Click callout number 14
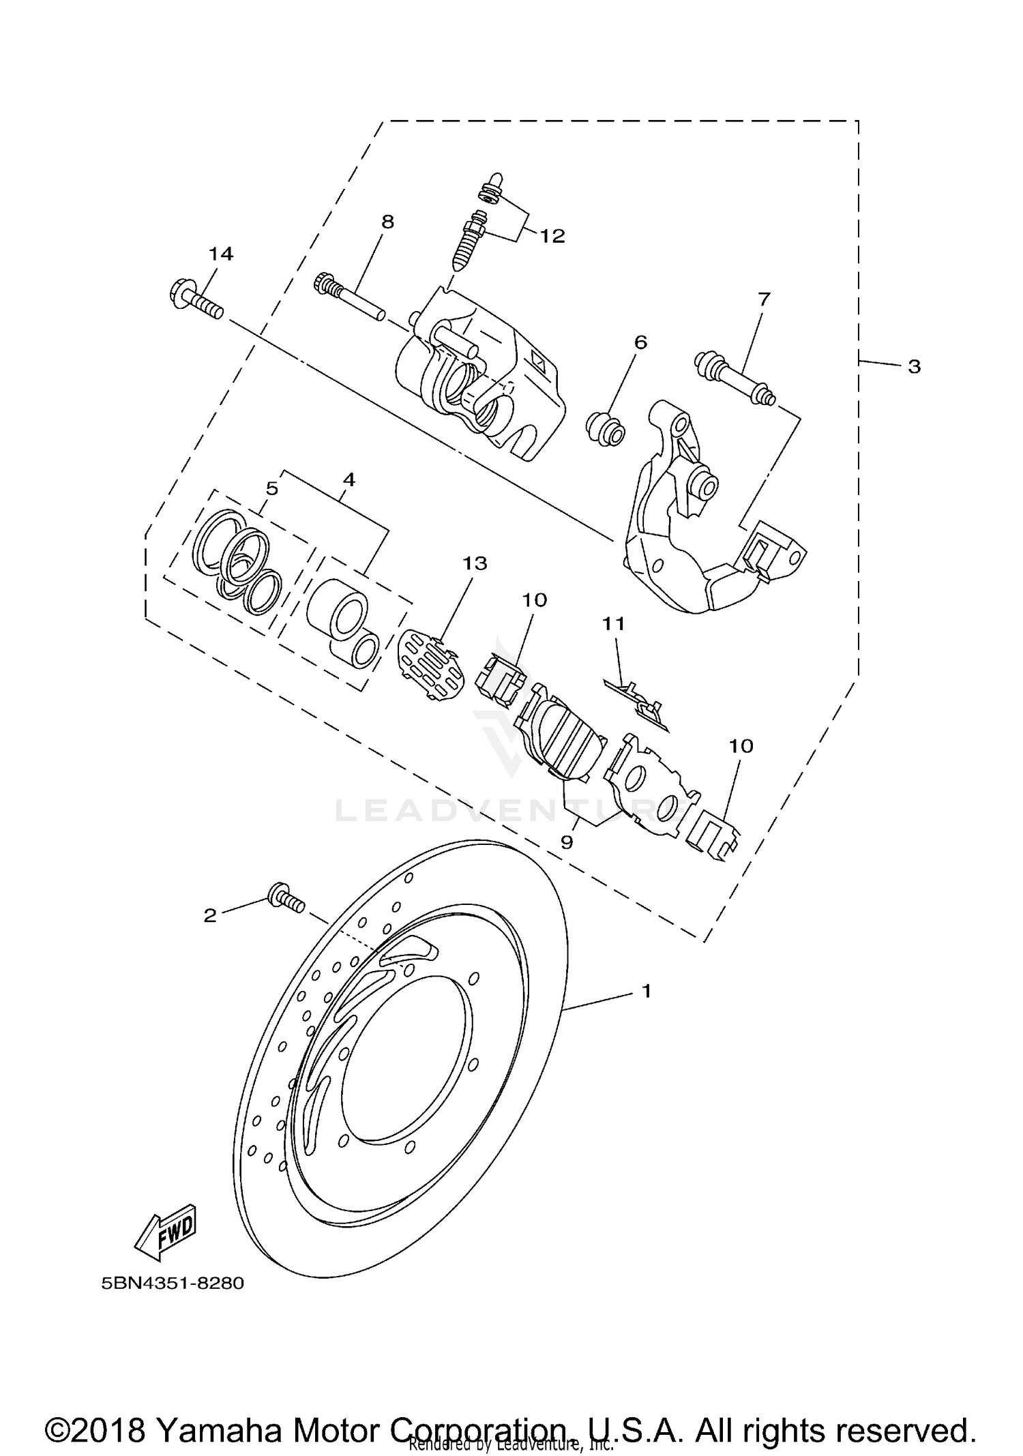pyautogui.click(x=220, y=254)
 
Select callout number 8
pyautogui.click(x=387, y=222)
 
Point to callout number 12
pyautogui.click(x=552, y=236)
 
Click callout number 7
pyautogui.click(x=763, y=299)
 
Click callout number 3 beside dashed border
pyautogui.click(x=914, y=367)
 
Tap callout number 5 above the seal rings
pyautogui.click(x=271, y=488)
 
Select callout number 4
pyautogui.click(x=349, y=479)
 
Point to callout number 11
pyautogui.click(x=613, y=623)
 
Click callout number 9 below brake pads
pyautogui.click(x=566, y=842)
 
